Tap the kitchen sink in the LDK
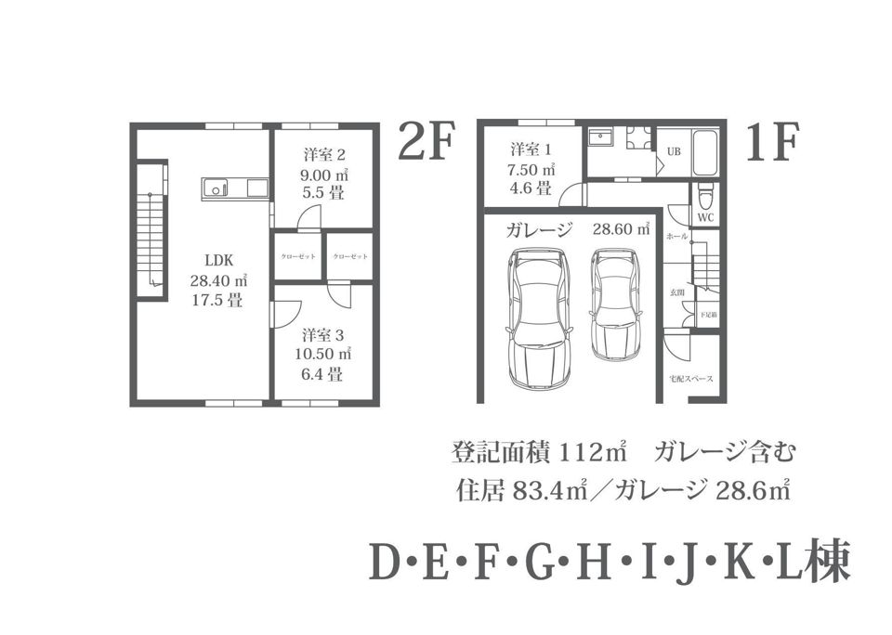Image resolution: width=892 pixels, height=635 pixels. pos(216,189)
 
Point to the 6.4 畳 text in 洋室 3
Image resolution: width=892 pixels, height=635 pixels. pos(322,375)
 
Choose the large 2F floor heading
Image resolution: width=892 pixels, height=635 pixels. pos(425,143)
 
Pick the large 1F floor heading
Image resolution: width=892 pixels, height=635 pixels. pos(772,143)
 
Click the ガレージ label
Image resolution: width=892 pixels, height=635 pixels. pos(540,230)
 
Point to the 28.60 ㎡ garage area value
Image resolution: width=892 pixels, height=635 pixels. pos(622,230)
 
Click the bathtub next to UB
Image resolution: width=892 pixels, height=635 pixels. pos(705,151)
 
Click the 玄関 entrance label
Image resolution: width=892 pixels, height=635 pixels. pos(677,292)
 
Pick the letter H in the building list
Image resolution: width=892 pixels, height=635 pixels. pos(587,563)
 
